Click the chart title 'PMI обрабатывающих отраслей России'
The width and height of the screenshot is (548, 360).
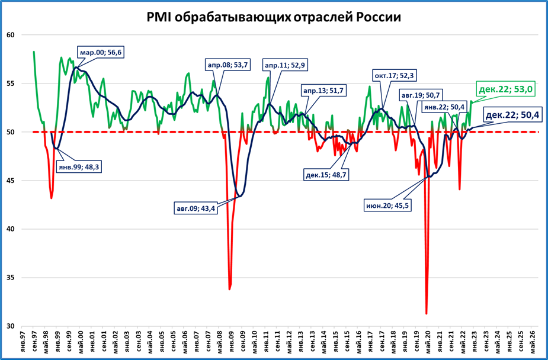pyautogui.click(x=274, y=17)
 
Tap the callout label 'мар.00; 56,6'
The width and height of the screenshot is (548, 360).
pyautogui.click(x=101, y=53)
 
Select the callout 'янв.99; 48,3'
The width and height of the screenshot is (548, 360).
pyautogui.click(x=79, y=167)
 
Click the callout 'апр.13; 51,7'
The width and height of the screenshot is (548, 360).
pyautogui.click(x=323, y=91)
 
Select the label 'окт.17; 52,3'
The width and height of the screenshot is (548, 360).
pyautogui.click(x=393, y=76)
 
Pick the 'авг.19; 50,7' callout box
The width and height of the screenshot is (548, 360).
pyautogui.click(x=421, y=95)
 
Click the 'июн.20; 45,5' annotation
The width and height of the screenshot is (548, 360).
pyautogui.click(x=387, y=205)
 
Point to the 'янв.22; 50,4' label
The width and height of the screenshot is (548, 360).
pyautogui.click(x=444, y=107)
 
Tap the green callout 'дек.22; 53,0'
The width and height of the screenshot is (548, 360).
pyautogui.click(x=505, y=89)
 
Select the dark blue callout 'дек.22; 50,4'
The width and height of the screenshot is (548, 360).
pyautogui.click(x=513, y=114)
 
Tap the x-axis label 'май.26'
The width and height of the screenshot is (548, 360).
pyautogui.click(x=533, y=342)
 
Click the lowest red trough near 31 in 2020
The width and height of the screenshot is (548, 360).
pyautogui.click(x=426, y=313)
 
